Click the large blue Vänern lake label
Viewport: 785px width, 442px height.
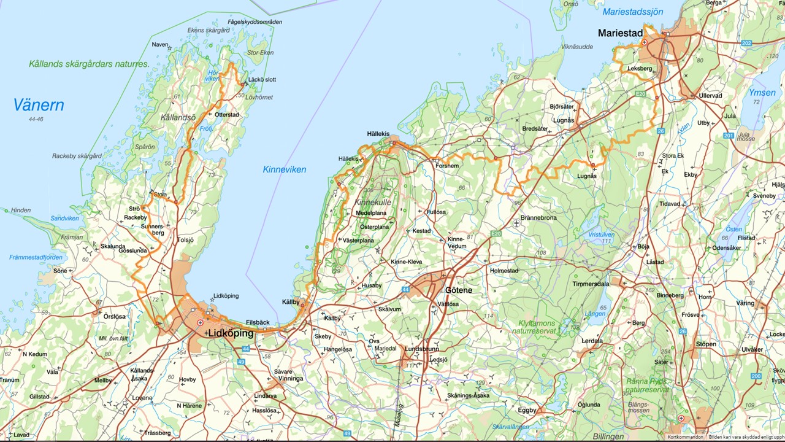[39, 105]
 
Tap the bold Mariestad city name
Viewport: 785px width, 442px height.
[621, 33]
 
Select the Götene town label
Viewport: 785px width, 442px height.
[458, 290]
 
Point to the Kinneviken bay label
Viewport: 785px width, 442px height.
[284, 169]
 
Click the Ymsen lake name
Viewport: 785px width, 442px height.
[762, 93]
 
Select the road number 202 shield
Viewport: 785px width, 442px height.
[746, 43]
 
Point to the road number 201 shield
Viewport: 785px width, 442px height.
[728, 136]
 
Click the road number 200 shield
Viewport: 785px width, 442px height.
[756, 376]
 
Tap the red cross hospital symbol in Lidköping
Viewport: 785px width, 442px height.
[200, 322]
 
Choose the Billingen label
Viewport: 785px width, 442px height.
[608, 436]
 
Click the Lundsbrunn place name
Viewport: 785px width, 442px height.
[421, 349]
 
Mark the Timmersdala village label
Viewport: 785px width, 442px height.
[591, 284]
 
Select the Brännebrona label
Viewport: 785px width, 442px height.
[538, 218]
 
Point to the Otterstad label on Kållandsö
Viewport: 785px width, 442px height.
[226, 114]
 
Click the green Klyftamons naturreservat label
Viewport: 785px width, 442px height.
[537, 327]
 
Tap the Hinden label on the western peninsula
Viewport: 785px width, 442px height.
[20, 210]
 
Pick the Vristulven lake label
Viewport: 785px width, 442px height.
[601, 235]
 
